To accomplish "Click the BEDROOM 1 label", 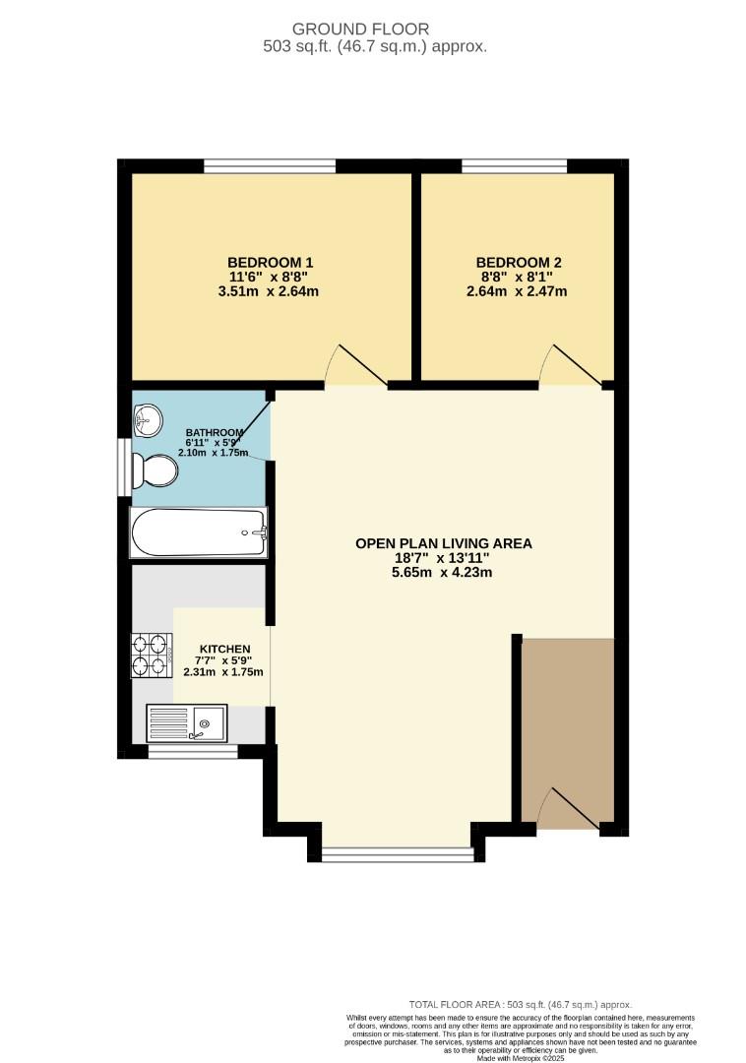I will pyautogui.click(x=270, y=262).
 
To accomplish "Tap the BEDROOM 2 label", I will pyautogui.click(x=519, y=262).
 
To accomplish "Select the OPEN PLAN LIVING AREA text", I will pyautogui.click(x=443, y=543).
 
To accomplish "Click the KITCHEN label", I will pyautogui.click(x=224, y=649).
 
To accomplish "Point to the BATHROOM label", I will pyautogui.click(x=214, y=433).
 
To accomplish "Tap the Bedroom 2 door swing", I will pyautogui.click(x=573, y=366).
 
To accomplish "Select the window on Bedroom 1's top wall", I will pyautogui.click(x=269, y=166).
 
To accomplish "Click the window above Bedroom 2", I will pyautogui.click(x=514, y=166).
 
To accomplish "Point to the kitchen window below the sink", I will pyautogui.click(x=193, y=753).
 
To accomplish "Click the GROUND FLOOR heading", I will pyautogui.click(x=374, y=30).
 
